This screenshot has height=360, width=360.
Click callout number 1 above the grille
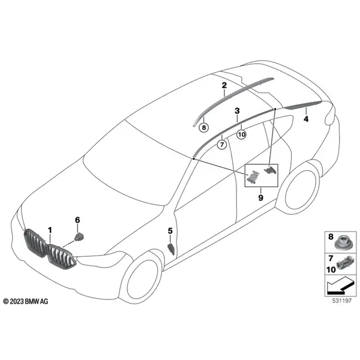[x=50, y=230]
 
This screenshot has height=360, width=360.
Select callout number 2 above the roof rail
[x=224, y=85]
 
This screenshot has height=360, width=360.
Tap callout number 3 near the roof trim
[x=237, y=111]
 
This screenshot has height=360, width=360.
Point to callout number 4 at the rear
[x=306, y=119]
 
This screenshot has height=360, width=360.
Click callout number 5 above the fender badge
[x=170, y=231]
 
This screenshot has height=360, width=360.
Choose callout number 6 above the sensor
[x=77, y=220]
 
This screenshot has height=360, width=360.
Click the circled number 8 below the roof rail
[x=203, y=127]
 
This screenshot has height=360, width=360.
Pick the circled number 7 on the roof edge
[x=222, y=145]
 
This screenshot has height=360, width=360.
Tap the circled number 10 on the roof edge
[x=241, y=134]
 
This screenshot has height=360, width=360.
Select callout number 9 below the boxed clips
[x=260, y=197]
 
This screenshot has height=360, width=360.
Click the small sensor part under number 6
[x=79, y=236]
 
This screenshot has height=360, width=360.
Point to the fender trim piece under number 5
[x=171, y=249]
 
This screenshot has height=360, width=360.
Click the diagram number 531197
[x=342, y=301]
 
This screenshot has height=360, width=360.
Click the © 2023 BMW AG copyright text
[x=26, y=301]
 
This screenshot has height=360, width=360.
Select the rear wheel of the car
[x=301, y=190]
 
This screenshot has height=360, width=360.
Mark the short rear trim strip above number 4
[x=302, y=104]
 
